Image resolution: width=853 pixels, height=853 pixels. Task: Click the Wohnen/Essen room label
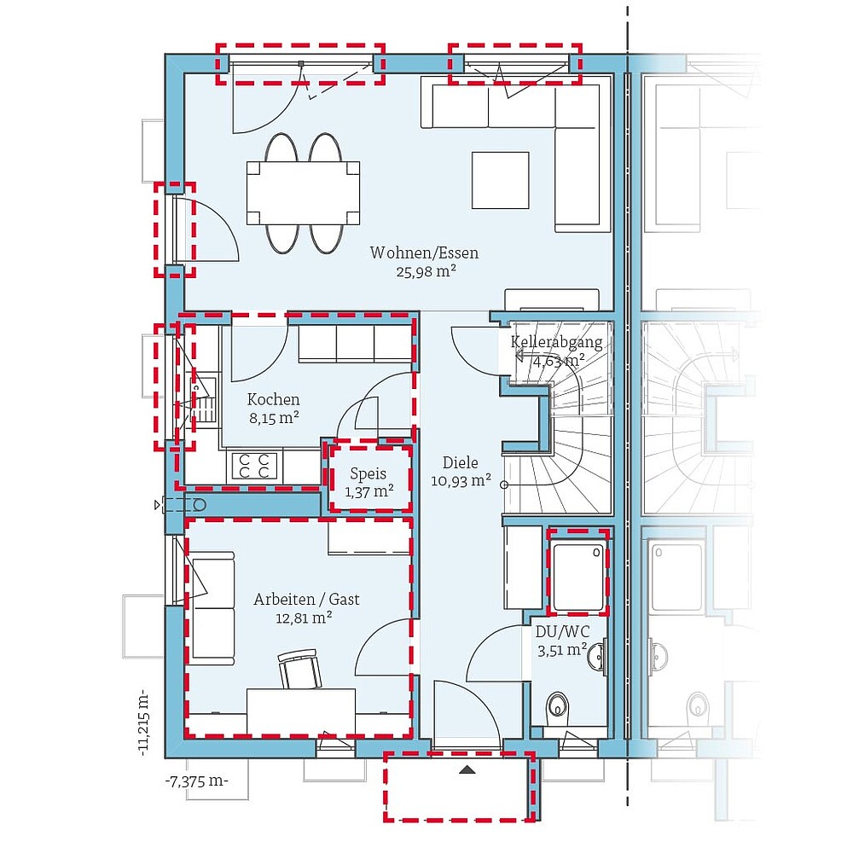click(x=424, y=252)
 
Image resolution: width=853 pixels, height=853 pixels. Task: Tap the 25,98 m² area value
click(x=426, y=271)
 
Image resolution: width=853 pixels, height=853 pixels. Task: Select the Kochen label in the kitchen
click(x=274, y=399)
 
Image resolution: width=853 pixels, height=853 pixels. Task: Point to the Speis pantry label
click(x=368, y=473)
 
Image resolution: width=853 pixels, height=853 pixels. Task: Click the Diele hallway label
click(x=461, y=462)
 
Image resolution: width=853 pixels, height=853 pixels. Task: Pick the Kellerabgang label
click(x=556, y=342)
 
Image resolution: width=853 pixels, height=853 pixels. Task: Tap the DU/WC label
click(x=562, y=631)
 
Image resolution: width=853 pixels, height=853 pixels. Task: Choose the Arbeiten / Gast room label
click(x=307, y=599)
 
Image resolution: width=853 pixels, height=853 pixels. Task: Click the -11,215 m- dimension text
click(x=143, y=723)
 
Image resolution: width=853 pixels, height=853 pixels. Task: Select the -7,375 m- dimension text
click(x=197, y=781)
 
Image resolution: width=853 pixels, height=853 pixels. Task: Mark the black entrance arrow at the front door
click(x=467, y=769)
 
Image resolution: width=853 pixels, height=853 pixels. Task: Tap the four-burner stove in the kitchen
click(x=254, y=466)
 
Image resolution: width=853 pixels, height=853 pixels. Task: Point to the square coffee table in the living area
click(x=501, y=180)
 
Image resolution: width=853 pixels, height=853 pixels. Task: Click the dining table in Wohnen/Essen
click(x=304, y=193)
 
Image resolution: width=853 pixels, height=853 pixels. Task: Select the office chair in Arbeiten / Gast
click(x=299, y=668)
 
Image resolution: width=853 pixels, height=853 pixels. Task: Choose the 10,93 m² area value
click(x=461, y=480)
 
